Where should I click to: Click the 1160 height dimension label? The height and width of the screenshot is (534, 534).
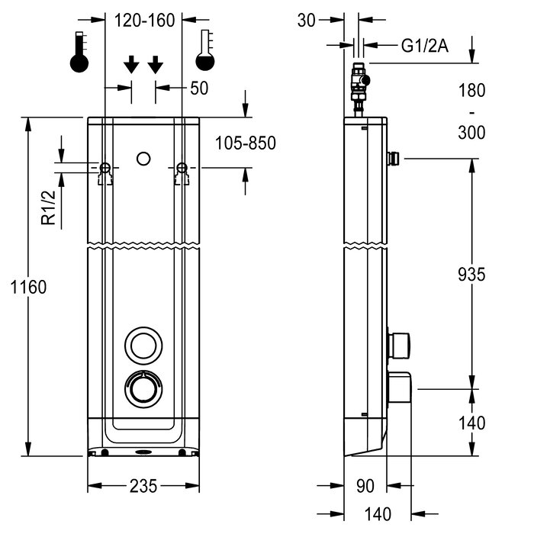tap(29, 288)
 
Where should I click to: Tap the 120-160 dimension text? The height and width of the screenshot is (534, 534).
tap(144, 21)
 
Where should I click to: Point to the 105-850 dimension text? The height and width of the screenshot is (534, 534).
tap(245, 143)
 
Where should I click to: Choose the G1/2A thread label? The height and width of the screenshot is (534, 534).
tap(425, 46)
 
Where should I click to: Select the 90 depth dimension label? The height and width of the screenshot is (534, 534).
tap(365, 486)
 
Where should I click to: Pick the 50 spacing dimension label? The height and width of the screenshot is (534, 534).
tap(199, 88)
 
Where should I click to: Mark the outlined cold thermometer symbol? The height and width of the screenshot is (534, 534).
tap(204, 52)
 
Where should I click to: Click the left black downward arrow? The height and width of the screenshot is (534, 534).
tap(130, 65)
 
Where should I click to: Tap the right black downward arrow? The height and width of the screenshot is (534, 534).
tap(156, 65)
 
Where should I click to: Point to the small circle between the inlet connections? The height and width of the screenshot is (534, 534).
tap(143, 159)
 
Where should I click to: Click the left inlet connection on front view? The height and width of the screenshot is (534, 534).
tap(105, 169)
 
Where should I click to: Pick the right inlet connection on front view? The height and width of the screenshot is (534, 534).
tap(182, 169)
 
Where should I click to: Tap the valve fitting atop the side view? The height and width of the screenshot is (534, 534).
tap(359, 85)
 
